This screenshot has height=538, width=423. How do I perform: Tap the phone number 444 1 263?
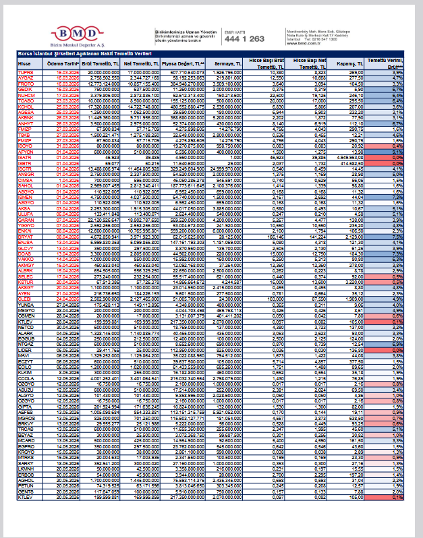click(x=244, y=39)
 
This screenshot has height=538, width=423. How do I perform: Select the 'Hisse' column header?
click(x=24, y=63)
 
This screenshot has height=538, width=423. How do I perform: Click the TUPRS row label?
click(x=25, y=72)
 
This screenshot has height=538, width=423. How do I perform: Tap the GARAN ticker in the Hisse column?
click(x=25, y=220)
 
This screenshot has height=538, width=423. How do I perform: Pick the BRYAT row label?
click(x=25, y=237)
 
